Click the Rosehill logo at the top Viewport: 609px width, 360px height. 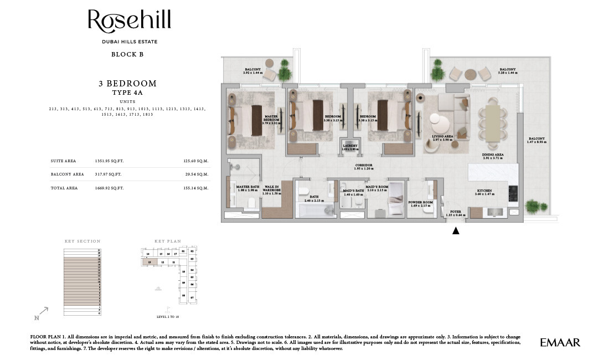coord(129,22)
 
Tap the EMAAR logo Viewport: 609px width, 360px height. coord(560,343)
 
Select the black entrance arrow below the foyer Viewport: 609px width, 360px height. coord(456,231)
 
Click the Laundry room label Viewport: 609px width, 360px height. coord(350,148)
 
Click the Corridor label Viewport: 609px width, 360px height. coord(364,166)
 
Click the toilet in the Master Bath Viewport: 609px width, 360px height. coord(251,204)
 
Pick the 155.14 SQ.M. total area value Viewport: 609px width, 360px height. coord(195,188)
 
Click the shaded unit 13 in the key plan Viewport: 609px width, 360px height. coord(149,262)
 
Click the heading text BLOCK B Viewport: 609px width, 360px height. coord(127,54)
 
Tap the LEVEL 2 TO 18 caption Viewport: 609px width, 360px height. coord(169,317)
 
